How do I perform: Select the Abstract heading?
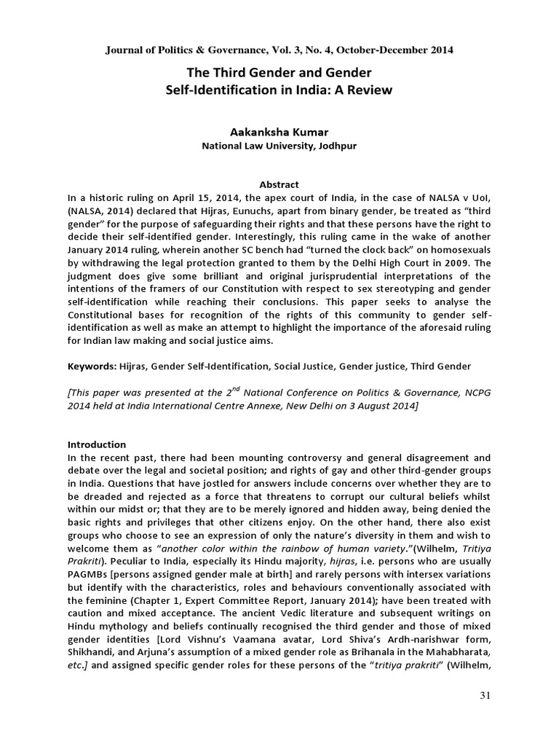[279, 184]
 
